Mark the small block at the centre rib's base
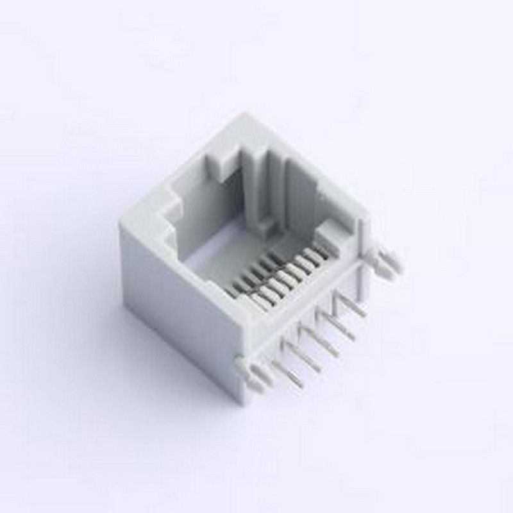coord(263,224)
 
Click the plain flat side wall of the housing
coord(173,308)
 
